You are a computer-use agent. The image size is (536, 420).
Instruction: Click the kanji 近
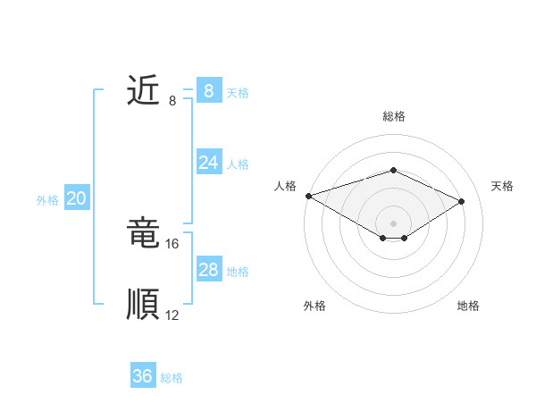143,91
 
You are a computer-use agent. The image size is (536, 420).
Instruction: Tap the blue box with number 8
208,91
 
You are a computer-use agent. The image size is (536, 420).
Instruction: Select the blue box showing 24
208,163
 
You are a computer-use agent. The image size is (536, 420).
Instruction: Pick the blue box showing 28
208,270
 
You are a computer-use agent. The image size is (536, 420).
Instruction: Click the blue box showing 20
76,198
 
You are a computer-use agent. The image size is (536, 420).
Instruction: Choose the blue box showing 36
143,376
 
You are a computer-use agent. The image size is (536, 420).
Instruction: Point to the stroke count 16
172,244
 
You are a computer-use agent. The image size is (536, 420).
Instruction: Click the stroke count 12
172,315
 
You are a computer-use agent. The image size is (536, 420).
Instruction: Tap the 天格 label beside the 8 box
238,93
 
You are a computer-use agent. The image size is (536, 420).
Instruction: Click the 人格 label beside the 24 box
238,164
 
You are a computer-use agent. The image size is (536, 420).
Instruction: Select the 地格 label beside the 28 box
238,272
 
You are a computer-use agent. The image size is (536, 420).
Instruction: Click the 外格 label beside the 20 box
47,200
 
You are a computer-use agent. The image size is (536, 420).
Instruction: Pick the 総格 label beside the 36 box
172,378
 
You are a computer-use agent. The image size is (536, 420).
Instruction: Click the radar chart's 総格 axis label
393,116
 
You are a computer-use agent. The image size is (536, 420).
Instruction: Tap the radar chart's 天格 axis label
503,186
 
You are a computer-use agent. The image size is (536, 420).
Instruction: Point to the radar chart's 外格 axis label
314,306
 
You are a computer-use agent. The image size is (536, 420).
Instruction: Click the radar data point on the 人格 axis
308,196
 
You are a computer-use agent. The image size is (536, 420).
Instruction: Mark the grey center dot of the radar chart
393,223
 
